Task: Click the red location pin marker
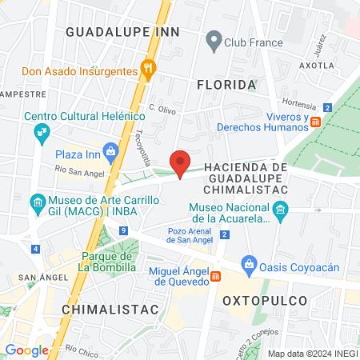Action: tap(181, 163)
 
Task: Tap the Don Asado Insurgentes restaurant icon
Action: tap(147, 70)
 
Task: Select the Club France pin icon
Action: tap(214, 39)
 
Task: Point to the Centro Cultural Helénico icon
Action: tap(41, 134)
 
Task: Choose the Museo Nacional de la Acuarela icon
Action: tap(280, 212)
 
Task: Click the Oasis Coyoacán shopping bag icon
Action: tap(250, 263)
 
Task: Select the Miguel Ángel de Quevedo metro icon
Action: tap(216, 277)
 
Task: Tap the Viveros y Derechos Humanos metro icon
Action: tap(316, 122)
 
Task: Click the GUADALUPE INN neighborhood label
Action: tap(122, 31)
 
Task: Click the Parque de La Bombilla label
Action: tap(109, 262)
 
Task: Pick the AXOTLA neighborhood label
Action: tap(315, 65)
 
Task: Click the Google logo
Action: tap(26, 350)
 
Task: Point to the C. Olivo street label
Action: tap(162, 106)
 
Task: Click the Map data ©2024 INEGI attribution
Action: tap(312, 354)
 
